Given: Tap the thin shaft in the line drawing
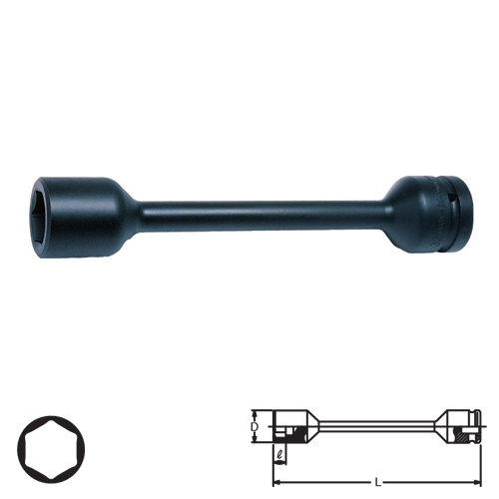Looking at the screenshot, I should click(x=379, y=426).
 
